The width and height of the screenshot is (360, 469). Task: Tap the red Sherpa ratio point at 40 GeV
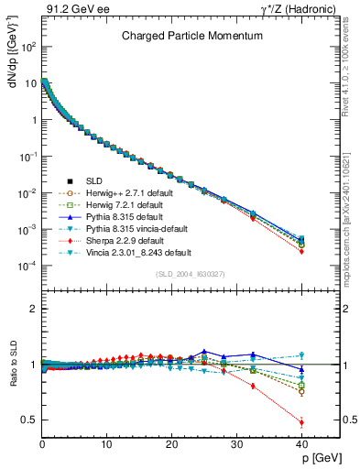301,422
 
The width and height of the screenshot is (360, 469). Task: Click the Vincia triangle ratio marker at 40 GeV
301,355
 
